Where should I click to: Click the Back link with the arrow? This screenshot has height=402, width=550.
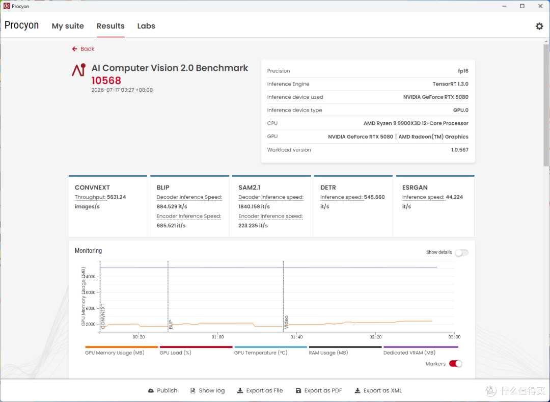[x=83, y=49]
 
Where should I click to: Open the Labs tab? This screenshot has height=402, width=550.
[x=146, y=26]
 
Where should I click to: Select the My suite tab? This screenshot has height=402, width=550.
[x=68, y=26]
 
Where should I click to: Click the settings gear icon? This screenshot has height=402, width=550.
[x=539, y=26]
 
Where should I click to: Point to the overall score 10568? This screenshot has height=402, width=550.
[x=106, y=81]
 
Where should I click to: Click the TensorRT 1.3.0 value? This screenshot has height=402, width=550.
[x=450, y=84]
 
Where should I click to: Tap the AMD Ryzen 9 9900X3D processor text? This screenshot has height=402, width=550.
[x=416, y=123]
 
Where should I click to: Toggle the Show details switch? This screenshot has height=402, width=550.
[x=461, y=253]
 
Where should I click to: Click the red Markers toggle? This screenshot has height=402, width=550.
[x=455, y=364]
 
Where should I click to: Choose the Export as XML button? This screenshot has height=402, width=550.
[x=378, y=390]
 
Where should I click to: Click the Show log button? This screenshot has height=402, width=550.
[x=207, y=390]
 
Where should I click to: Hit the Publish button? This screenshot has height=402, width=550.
[x=162, y=390]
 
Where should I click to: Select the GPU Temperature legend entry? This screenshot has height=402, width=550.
[x=261, y=353]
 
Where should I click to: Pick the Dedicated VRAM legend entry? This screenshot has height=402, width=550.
[x=409, y=353]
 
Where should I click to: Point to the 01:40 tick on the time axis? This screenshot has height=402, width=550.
[x=296, y=337]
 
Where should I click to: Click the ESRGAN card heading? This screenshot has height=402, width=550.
[x=415, y=187]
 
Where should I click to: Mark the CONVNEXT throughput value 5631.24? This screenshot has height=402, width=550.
[x=116, y=197]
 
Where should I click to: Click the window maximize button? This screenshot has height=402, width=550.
[x=522, y=6]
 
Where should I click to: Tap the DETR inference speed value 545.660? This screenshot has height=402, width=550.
[x=374, y=197]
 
